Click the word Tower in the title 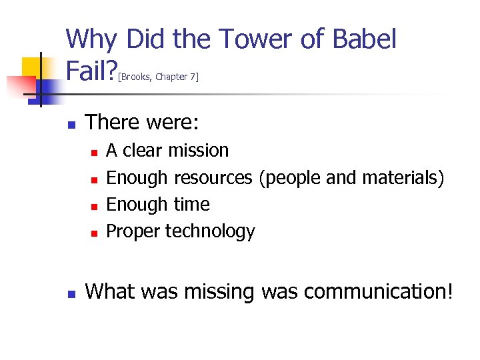coord(252,39)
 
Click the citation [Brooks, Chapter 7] coord(157,77)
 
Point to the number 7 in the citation coord(193,77)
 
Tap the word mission coord(198,151)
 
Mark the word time coord(192,204)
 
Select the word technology coord(210,231)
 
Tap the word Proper coord(133,231)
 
